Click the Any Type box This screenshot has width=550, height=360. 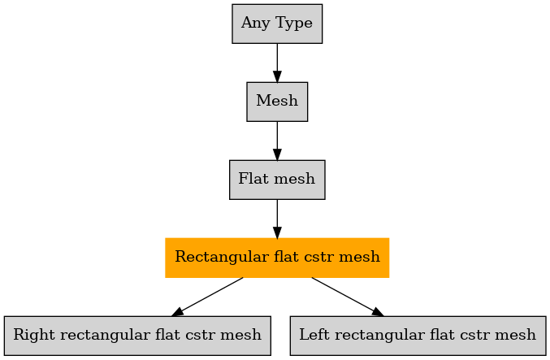[x=277, y=24]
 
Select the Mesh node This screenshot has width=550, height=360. [x=277, y=102]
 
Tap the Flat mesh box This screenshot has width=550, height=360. [x=277, y=180]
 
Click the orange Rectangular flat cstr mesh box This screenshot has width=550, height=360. [x=277, y=258]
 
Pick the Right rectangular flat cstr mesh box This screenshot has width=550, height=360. [x=137, y=336]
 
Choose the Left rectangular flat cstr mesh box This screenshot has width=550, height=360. [x=418, y=336]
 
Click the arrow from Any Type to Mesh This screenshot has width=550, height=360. [x=277, y=63]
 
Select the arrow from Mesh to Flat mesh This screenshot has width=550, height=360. [x=277, y=141]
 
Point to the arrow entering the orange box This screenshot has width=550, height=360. [x=277, y=219]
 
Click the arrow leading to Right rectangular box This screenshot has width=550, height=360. [x=207, y=297]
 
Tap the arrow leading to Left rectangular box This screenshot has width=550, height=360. [x=348, y=297]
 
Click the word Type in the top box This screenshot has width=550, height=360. [x=294, y=24]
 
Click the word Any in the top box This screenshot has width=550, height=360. [x=256, y=24]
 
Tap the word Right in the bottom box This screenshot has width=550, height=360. [x=34, y=335]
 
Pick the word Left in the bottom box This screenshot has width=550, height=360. [x=314, y=334]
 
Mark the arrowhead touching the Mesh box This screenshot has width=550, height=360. [x=277, y=76]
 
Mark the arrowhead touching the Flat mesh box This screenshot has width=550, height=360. [x=277, y=154]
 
